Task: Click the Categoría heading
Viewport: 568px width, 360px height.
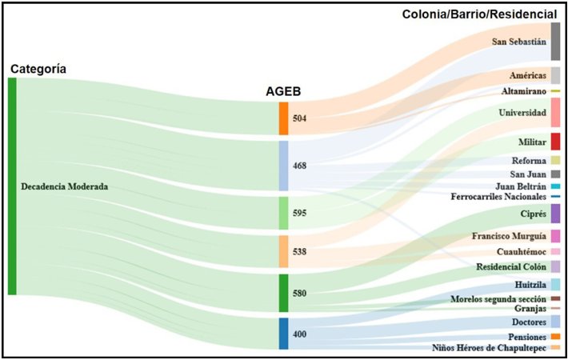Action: [38, 70]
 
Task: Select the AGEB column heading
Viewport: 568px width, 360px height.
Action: [283, 92]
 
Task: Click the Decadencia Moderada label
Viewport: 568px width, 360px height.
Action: [64, 186]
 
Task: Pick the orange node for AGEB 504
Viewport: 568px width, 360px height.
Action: [283, 118]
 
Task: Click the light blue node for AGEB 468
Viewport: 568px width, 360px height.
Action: [283, 166]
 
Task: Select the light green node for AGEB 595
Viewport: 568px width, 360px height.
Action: [283, 214]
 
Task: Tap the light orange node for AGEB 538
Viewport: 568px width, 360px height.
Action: [283, 251]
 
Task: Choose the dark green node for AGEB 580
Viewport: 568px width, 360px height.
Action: [283, 293]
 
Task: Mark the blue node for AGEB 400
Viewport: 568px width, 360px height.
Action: [283, 334]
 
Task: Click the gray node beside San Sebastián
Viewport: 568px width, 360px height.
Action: [555, 42]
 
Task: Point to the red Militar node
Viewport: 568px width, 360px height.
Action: [555, 142]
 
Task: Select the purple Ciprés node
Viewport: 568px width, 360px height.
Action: [555, 214]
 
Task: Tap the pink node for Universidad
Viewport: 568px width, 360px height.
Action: [555, 113]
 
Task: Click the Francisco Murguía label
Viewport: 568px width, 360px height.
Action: [508, 237]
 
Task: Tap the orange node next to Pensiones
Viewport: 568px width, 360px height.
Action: [555, 337]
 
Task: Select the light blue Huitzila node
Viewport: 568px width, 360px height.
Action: [555, 284]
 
